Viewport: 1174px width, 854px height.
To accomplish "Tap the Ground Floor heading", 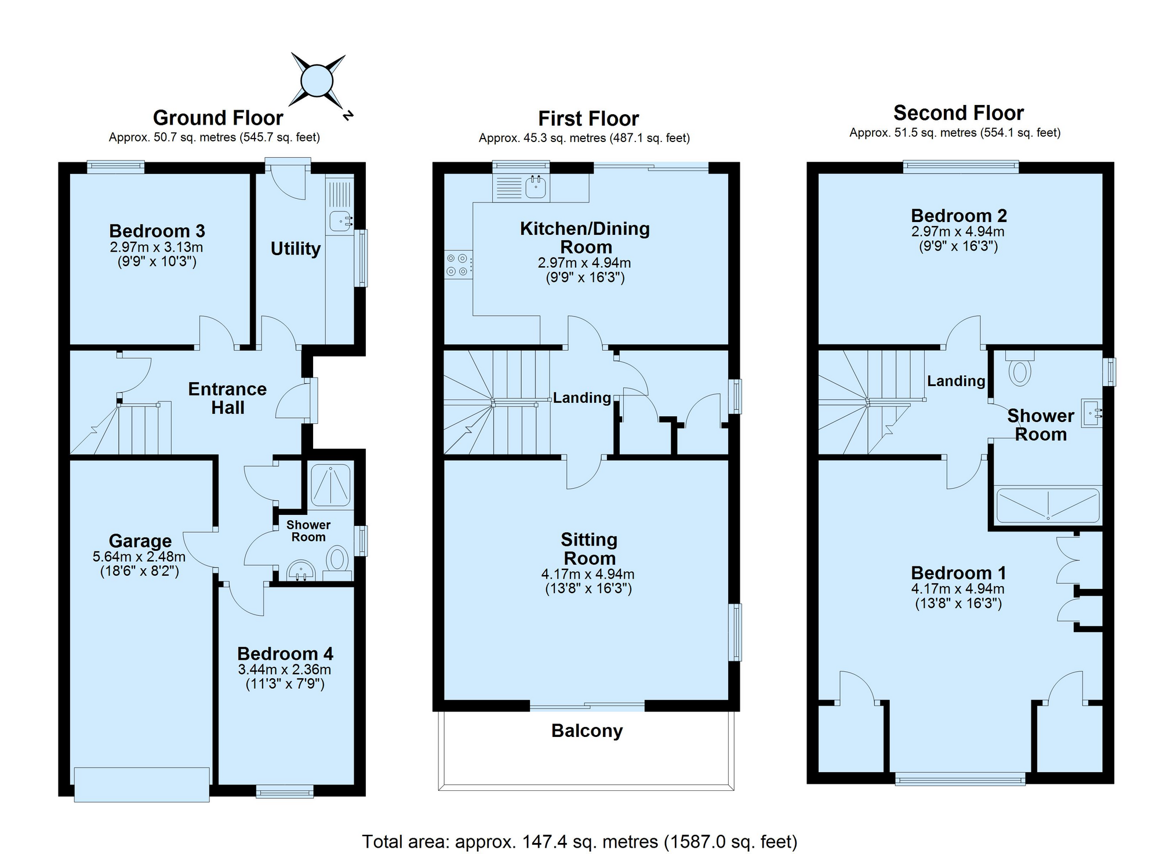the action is [x=218, y=118].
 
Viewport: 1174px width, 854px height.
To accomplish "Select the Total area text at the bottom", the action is [x=580, y=841].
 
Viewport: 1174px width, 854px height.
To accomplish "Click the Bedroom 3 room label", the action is [x=157, y=231].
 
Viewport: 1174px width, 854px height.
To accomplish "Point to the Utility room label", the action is [x=296, y=249].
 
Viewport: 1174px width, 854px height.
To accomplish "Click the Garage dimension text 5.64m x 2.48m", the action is [x=139, y=557].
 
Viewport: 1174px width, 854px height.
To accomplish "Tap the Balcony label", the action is [x=587, y=731].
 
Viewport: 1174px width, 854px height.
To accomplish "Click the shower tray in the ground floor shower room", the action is [x=330, y=484].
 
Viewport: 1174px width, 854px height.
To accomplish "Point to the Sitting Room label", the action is [x=589, y=549].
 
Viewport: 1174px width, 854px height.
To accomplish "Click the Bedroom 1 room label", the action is [x=958, y=573].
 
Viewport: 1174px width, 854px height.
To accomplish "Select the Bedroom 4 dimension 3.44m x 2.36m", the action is [x=285, y=670].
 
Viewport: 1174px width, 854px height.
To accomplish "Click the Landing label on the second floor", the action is [x=956, y=381].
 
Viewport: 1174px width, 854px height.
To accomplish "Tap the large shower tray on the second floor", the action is [x=1048, y=506].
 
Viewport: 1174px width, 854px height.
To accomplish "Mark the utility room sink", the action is [x=341, y=221].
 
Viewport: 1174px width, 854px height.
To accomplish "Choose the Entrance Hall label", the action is [x=227, y=398].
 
